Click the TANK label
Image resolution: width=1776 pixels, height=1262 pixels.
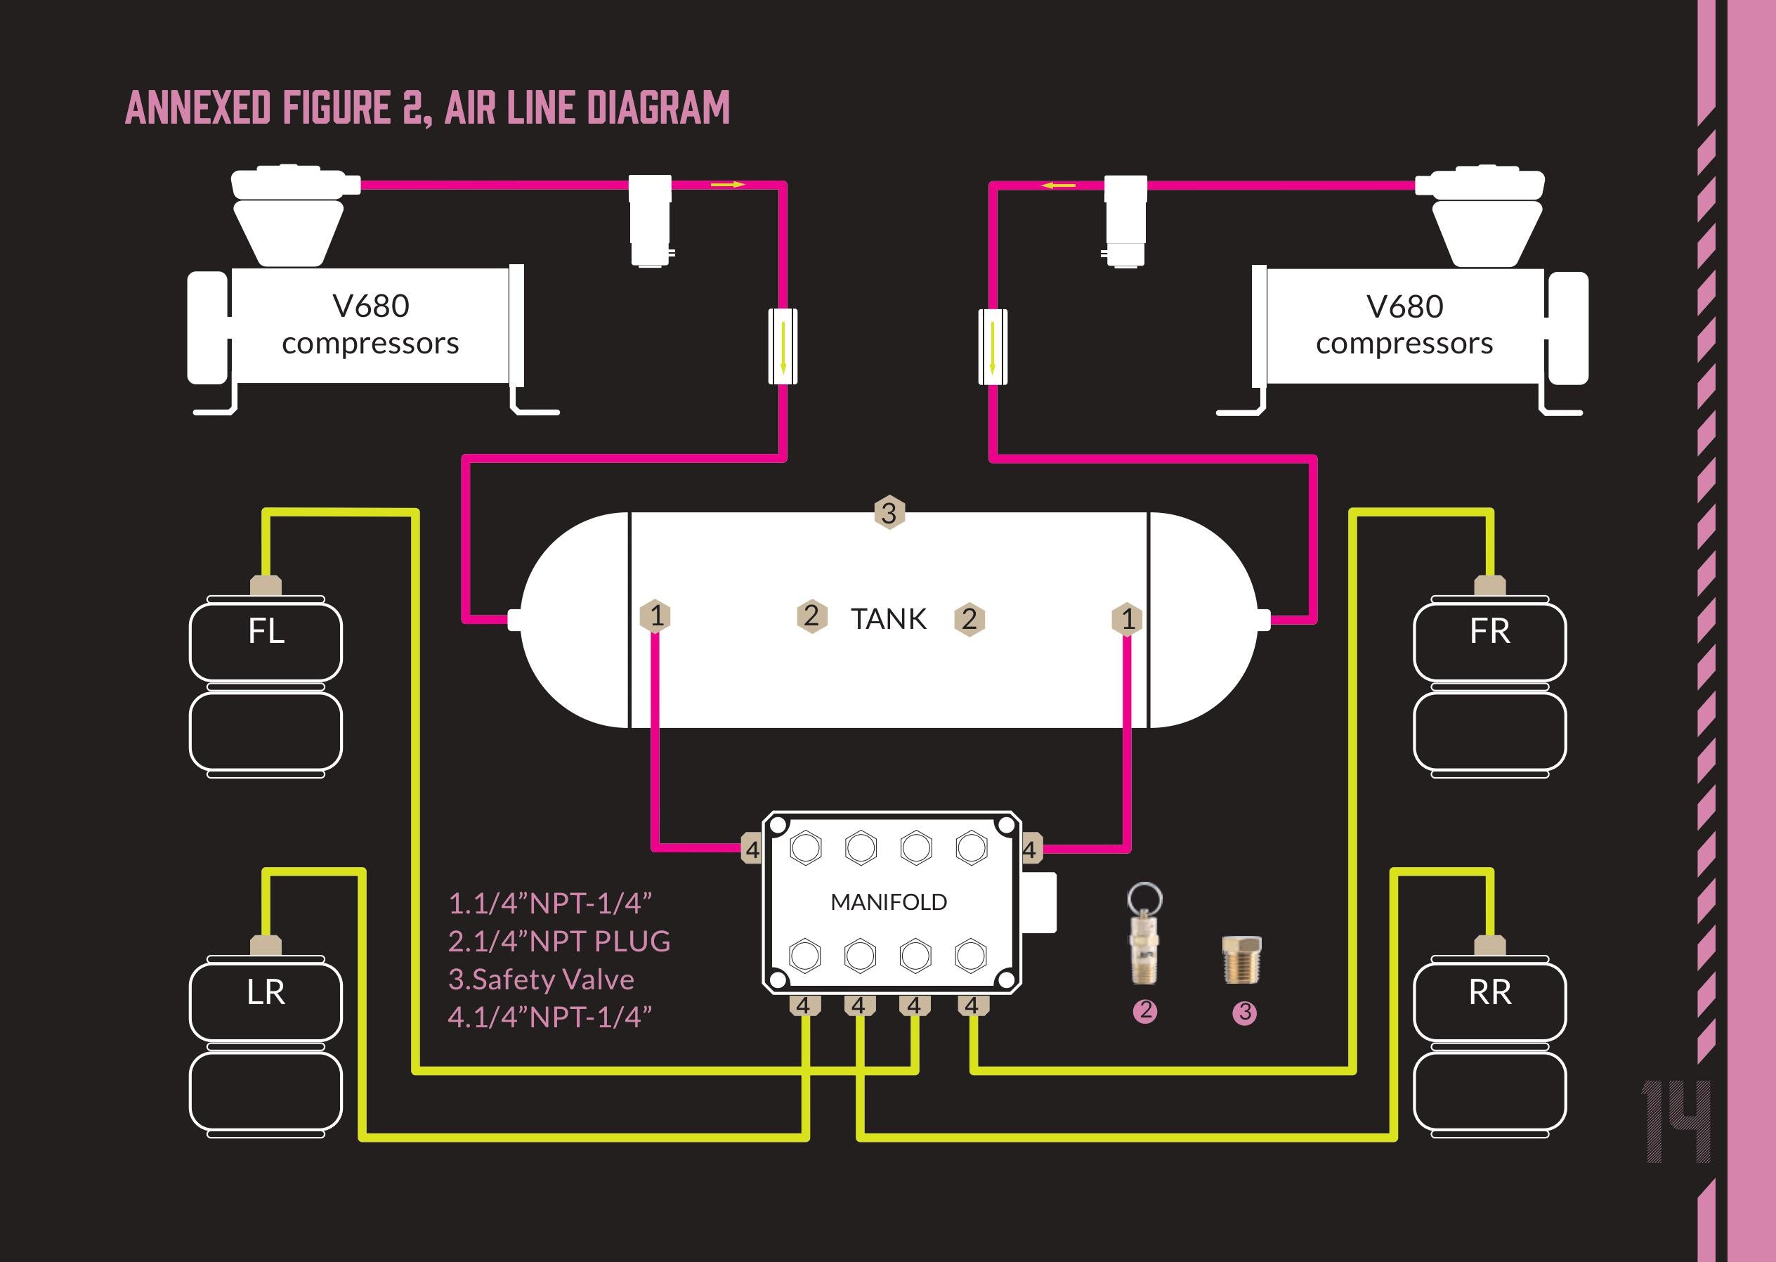[x=888, y=619]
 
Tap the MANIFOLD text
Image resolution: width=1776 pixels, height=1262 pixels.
[x=888, y=902]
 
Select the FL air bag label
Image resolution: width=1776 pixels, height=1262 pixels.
[x=266, y=631]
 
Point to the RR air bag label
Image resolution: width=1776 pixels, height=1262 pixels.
[x=1489, y=992]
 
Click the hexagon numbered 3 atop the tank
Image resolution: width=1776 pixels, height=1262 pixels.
[x=889, y=512]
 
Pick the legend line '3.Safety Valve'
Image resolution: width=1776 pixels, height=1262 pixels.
[x=541, y=979]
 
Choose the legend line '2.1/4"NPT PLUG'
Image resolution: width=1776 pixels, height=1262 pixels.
[x=559, y=941]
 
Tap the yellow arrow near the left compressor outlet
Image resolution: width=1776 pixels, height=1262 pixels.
[x=727, y=185]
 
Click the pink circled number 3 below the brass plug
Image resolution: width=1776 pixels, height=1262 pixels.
[x=1243, y=1013]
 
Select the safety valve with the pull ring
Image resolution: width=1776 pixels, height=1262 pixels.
[x=1144, y=932]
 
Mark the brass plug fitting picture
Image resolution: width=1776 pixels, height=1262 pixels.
[x=1241, y=960]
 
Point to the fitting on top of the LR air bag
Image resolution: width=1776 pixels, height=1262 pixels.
[x=266, y=946]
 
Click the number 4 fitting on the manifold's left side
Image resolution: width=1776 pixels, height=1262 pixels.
[x=751, y=850]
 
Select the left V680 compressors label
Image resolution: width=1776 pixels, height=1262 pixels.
[x=370, y=325]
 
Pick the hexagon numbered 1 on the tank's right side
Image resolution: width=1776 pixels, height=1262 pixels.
[x=1128, y=619]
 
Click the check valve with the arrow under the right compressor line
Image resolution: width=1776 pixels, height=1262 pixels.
[x=992, y=346]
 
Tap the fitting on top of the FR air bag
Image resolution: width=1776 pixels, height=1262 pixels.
[x=1489, y=585]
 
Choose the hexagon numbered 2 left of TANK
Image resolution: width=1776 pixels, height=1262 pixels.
[x=811, y=616]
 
